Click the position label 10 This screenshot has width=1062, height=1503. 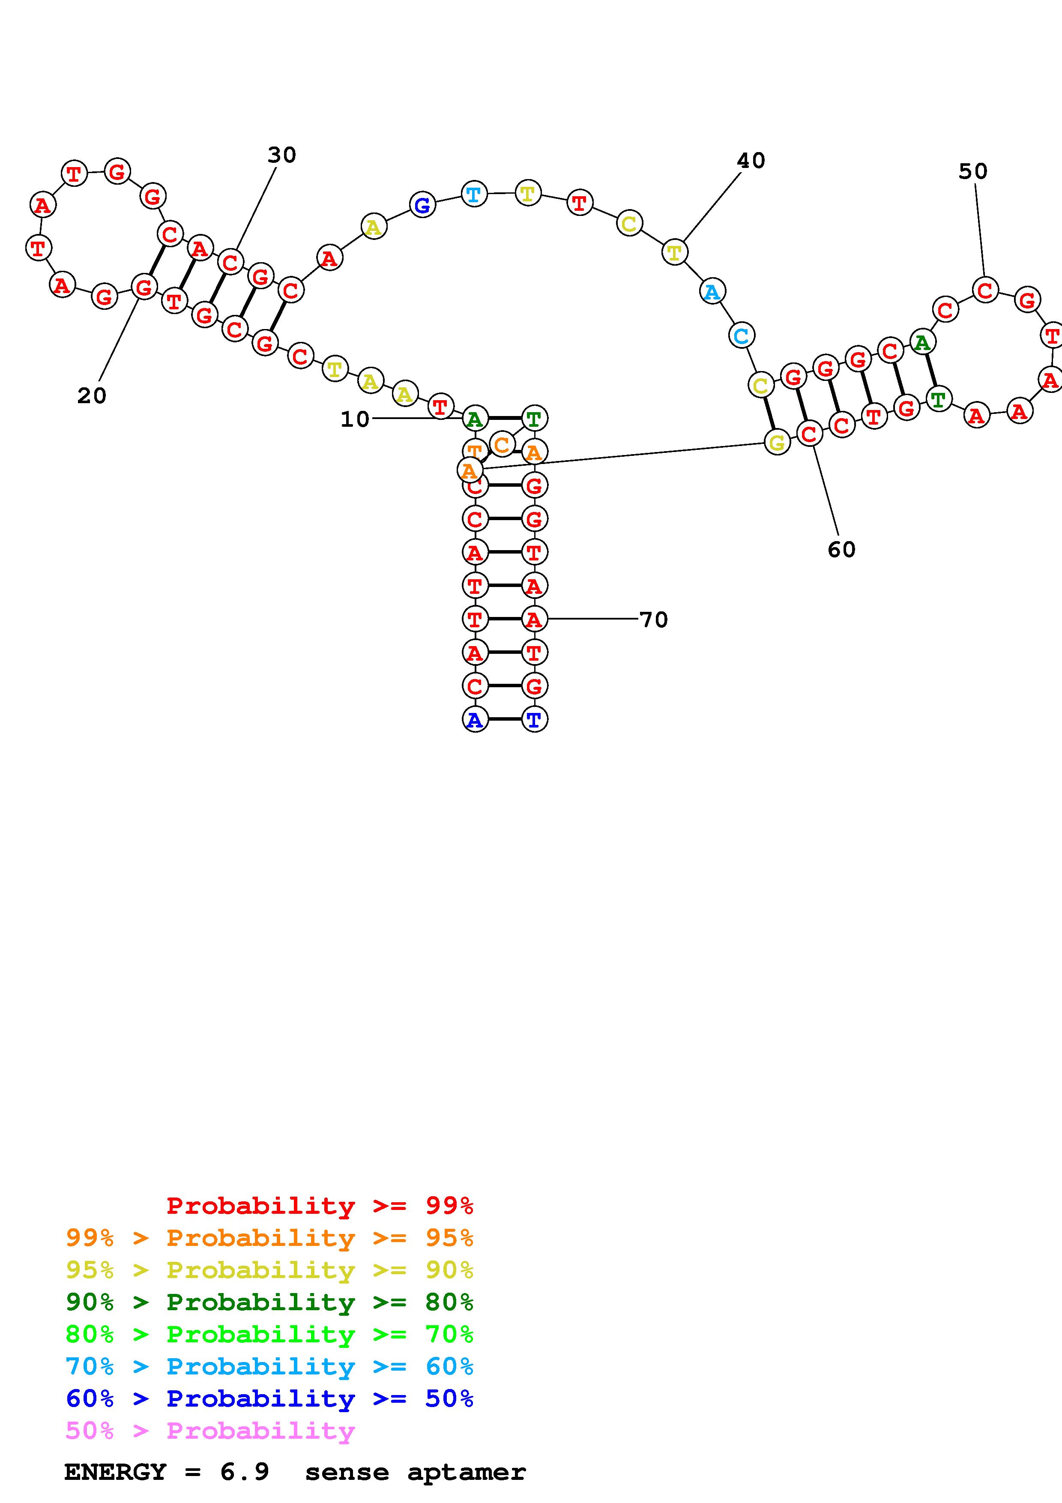tap(355, 419)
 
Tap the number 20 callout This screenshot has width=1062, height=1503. tap(92, 395)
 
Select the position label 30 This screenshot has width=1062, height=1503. tap(282, 155)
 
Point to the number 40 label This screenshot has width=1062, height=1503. tap(751, 160)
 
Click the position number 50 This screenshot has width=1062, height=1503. tap(973, 171)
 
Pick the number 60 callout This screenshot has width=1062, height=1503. tap(841, 549)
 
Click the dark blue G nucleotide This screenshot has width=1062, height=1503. tap(423, 205)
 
